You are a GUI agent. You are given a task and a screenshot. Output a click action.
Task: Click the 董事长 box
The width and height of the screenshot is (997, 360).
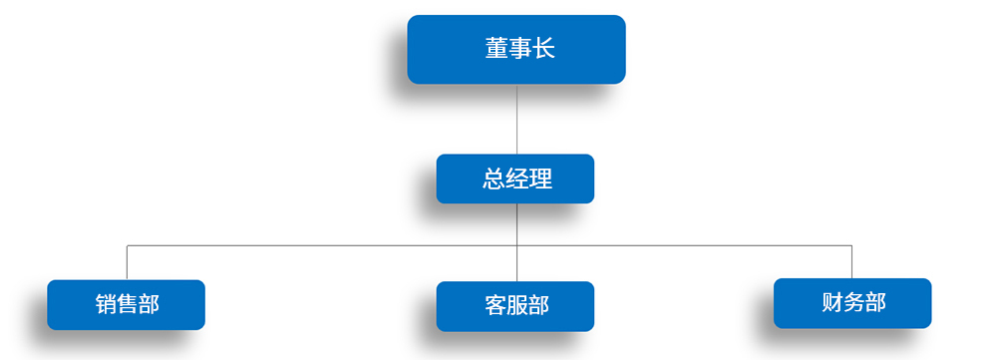[516, 50]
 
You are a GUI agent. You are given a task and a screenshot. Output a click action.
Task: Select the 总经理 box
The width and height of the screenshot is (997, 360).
[515, 179]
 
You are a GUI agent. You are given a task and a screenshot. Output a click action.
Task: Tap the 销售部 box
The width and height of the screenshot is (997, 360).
[126, 305]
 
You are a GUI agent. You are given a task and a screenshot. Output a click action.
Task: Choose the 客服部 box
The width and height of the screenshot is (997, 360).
[515, 306]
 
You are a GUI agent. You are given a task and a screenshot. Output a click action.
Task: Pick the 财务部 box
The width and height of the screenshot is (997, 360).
[852, 303]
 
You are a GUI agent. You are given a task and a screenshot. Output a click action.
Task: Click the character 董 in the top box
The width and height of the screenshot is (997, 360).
[497, 48]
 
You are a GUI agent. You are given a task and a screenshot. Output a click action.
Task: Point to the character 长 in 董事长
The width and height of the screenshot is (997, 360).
[543, 48]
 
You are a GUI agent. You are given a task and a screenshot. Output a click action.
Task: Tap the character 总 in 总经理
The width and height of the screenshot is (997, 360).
[493, 179]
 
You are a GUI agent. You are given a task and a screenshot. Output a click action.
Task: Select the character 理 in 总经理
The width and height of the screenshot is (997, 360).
[540, 179]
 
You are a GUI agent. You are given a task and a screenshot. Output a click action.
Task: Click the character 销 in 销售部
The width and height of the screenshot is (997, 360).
[107, 304]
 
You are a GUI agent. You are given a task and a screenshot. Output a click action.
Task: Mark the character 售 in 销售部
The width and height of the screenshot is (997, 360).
[128, 304]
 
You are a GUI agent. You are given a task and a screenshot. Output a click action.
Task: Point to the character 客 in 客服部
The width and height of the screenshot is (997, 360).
[496, 306]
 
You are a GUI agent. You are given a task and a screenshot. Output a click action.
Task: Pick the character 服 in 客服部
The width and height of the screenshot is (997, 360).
[516, 306]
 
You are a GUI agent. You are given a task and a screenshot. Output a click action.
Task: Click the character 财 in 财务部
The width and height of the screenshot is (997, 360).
[832, 303]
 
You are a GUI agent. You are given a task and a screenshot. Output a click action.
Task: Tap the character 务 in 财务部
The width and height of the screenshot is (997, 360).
[853, 303]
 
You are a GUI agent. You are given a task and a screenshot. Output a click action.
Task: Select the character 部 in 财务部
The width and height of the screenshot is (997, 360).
[875, 303]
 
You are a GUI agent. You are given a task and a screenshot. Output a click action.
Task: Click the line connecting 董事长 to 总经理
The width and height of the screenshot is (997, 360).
[516, 119]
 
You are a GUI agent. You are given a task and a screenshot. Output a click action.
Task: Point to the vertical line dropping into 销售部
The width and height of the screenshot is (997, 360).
[128, 262]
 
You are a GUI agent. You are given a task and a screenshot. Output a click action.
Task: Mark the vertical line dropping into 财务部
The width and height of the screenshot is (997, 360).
[851, 262]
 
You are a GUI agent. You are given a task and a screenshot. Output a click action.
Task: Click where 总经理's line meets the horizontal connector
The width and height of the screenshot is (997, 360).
[516, 245]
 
